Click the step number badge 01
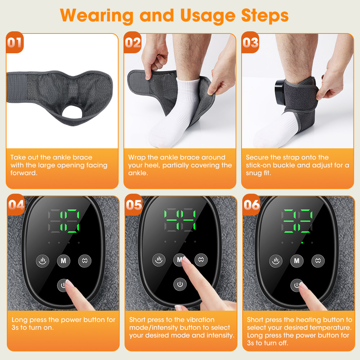point(15,42)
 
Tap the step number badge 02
point(132,42)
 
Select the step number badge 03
point(250,42)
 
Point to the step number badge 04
point(16,204)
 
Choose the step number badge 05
point(134,204)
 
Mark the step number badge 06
point(251,204)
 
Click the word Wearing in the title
point(96,15)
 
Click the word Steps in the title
point(265,15)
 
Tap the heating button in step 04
point(42,261)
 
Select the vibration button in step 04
point(85,261)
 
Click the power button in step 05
point(180,284)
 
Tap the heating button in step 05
point(159,260)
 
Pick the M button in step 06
point(297,261)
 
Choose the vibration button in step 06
point(318,261)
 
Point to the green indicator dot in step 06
point(302,243)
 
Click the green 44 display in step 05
point(180,220)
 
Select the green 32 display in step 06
point(297,221)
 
